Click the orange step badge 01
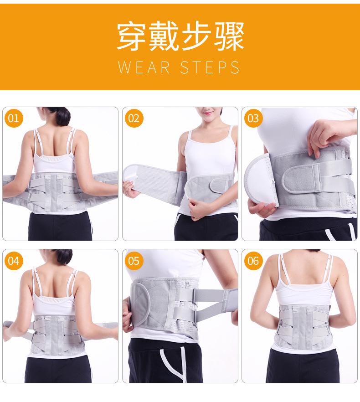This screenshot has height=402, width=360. (14, 119)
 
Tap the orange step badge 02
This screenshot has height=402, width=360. (134, 119)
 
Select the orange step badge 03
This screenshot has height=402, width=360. (253, 119)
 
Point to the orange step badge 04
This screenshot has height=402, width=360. (14, 261)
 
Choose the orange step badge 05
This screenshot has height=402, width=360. (134, 261)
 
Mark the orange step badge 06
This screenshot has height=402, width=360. (253, 261)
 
